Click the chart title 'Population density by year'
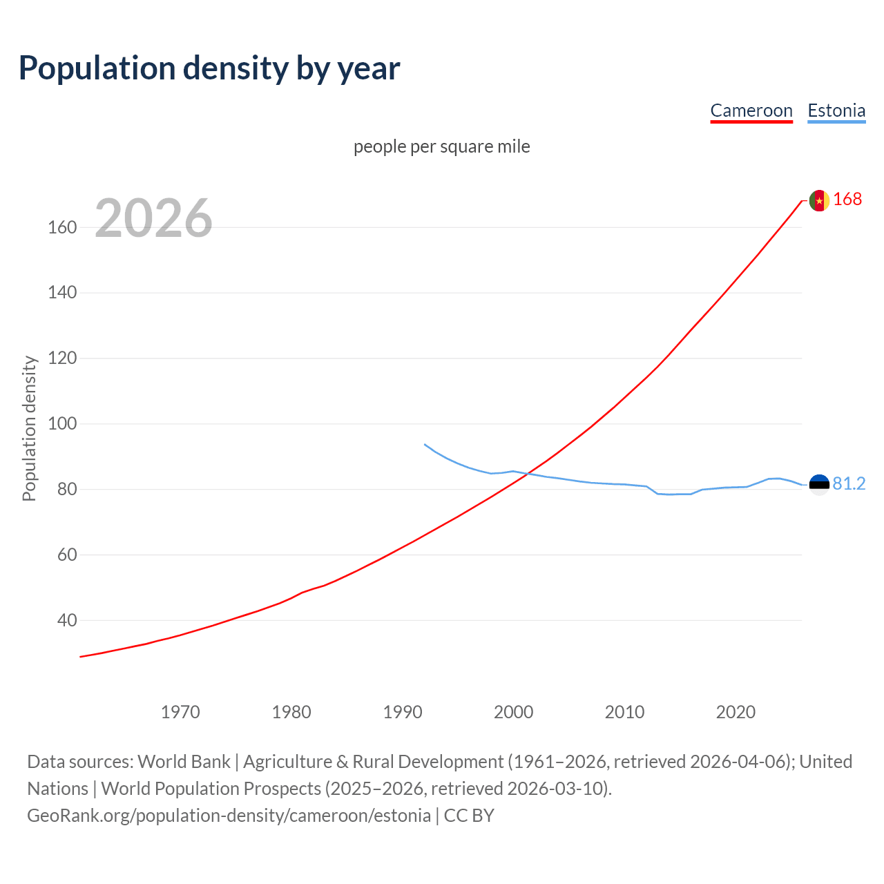coord(209,68)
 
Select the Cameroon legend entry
coord(751,110)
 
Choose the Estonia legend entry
coord(836,110)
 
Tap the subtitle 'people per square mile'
coord(441,146)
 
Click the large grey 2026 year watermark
coord(153,218)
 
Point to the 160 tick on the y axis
coord(62,227)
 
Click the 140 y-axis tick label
coord(62,293)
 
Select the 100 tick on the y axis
coord(62,423)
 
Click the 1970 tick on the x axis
coord(180,712)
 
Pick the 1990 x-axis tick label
coord(403,712)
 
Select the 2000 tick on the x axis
coord(513,712)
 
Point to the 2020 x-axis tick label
coord(736,712)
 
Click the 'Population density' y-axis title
coord(29,428)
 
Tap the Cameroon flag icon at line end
coord(819,200)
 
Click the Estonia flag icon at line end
coord(819,485)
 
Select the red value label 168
coord(847,200)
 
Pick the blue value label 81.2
coord(849,484)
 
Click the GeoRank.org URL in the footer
coord(229,816)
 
